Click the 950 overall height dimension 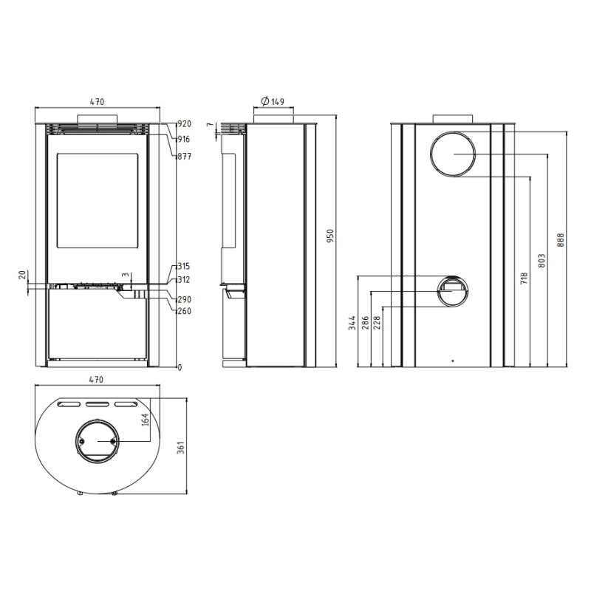coord(332,236)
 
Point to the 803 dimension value coord(543,261)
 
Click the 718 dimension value coord(525,279)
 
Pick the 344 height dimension coord(352,323)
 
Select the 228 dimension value coord(378,323)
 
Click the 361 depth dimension coord(181,446)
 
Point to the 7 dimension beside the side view coord(209,126)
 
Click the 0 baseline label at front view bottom coord(179,367)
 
